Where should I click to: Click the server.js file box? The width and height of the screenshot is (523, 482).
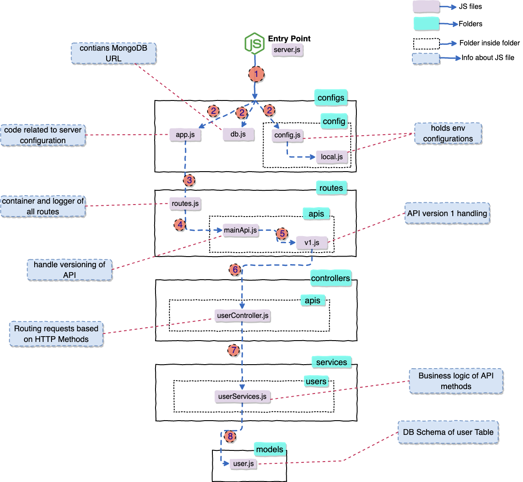(x=287, y=50)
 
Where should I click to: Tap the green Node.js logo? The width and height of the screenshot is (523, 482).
(x=255, y=44)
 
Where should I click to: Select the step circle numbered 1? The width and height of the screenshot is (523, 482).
(x=256, y=74)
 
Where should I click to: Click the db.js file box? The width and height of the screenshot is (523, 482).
(x=238, y=134)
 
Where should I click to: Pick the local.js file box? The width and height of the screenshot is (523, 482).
(x=331, y=157)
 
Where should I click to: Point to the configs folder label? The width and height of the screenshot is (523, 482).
(x=331, y=98)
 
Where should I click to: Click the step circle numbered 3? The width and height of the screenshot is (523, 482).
(x=189, y=181)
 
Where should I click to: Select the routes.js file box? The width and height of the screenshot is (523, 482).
(x=185, y=204)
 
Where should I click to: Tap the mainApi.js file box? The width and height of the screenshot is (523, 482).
(x=240, y=230)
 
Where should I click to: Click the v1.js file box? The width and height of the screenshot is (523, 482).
(x=312, y=243)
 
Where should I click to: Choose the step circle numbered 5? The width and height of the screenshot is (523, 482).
(x=282, y=233)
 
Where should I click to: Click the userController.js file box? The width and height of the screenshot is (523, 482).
(x=243, y=315)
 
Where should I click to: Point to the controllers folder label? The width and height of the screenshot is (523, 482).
(x=331, y=278)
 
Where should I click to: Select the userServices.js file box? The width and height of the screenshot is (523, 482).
(x=243, y=397)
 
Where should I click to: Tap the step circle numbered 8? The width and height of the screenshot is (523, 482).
(x=230, y=436)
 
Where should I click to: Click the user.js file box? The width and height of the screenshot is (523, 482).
(x=244, y=464)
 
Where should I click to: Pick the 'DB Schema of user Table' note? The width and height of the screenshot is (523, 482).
(x=448, y=432)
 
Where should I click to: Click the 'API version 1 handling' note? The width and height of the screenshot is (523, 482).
(x=447, y=213)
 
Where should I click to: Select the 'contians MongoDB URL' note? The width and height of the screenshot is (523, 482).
(x=113, y=53)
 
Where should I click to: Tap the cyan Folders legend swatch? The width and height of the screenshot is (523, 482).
(x=426, y=24)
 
